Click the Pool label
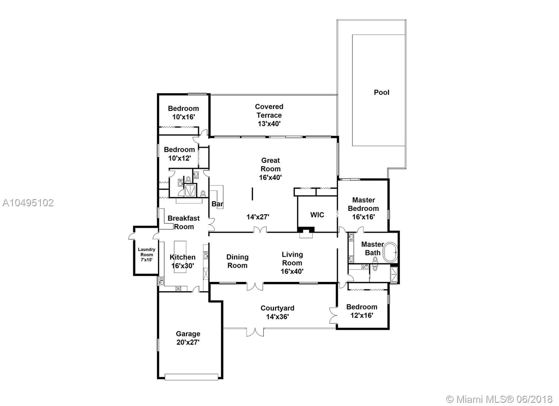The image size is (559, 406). click(381, 93)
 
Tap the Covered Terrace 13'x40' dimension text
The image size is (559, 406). click(269, 124)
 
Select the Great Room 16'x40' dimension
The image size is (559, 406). click(270, 178)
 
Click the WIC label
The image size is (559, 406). click(317, 215)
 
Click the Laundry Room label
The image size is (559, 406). click(146, 252)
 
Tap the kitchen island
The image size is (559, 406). click(180, 257)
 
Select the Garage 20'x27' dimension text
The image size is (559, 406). click(188, 342)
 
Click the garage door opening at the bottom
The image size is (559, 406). click(191, 377)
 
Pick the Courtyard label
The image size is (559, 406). click(277, 308)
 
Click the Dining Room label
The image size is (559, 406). click(237, 261)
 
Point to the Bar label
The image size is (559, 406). click(217, 204)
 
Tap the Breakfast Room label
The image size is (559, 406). click(184, 222)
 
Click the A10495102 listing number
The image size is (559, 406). click(28, 203)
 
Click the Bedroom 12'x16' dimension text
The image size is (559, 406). click(362, 316)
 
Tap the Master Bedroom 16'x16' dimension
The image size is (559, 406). click(363, 217)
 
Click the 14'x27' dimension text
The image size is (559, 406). click(258, 217)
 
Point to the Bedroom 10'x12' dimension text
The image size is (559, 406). click(180, 158)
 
